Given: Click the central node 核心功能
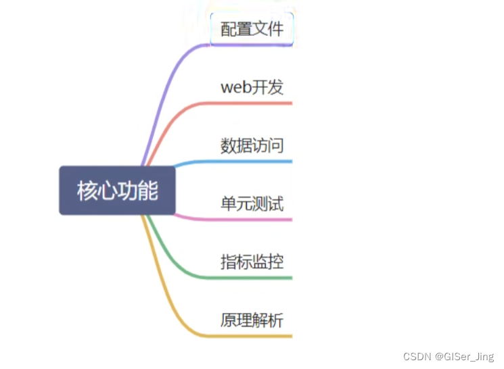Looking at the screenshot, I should [117, 191].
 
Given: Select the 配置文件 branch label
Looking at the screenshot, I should [252, 29].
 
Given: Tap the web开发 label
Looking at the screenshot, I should [252, 87].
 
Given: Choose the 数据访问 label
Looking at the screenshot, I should [252, 145].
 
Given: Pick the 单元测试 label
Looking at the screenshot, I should [252, 203].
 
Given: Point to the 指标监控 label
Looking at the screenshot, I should [252, 262].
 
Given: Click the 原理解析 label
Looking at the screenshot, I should [252, 320].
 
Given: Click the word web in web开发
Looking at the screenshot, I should [233, 88].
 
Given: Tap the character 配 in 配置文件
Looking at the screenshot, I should [229, 29].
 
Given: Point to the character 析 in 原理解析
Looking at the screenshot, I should [275, 320].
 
